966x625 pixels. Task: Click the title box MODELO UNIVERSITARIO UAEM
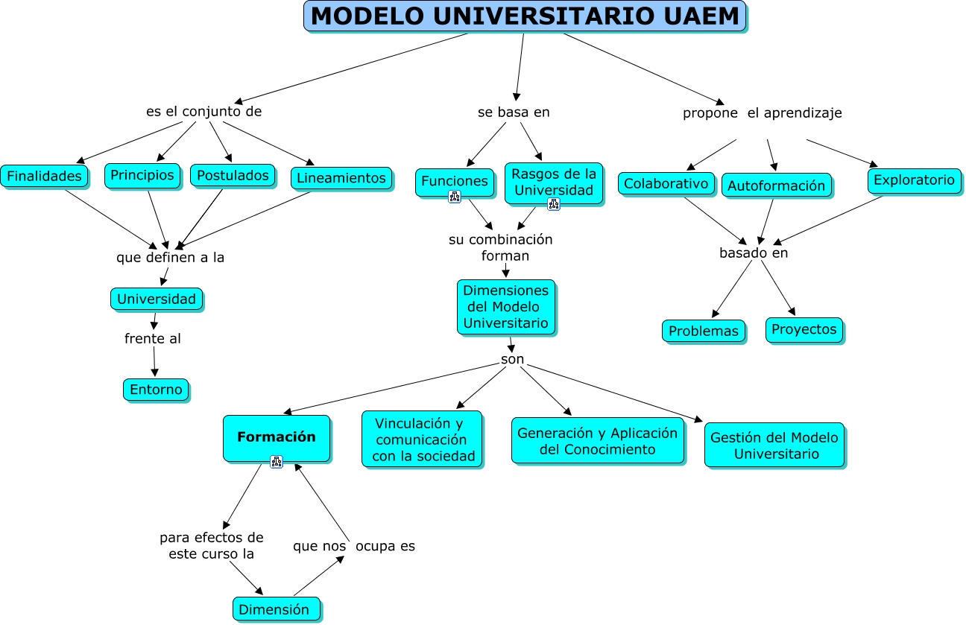tap(525, 16)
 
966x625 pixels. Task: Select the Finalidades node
tap(44, 177)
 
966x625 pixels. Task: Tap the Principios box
tap(142, 176)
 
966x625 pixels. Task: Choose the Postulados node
tap(233, 176)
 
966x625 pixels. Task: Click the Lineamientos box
tap(341, 178)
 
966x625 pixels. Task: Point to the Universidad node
tap(157, 299)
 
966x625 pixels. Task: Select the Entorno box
tap(156, 390)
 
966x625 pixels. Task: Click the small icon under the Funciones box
tap(455, 197)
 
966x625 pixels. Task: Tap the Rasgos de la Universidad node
tap(554, 182)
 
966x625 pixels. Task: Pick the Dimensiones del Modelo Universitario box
tap(506, 307)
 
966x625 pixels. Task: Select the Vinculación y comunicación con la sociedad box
tap(422, 440)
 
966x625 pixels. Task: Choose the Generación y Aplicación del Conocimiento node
tap(598, 441)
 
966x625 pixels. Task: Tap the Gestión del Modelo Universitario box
tap(774, 445)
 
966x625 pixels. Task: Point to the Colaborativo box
tap(666, 183)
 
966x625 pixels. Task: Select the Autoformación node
tap(776, 185)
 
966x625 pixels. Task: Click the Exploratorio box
tap(914, 180)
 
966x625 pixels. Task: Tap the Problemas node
tap(703, 331)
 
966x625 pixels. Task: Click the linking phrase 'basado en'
tap(754, 253)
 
